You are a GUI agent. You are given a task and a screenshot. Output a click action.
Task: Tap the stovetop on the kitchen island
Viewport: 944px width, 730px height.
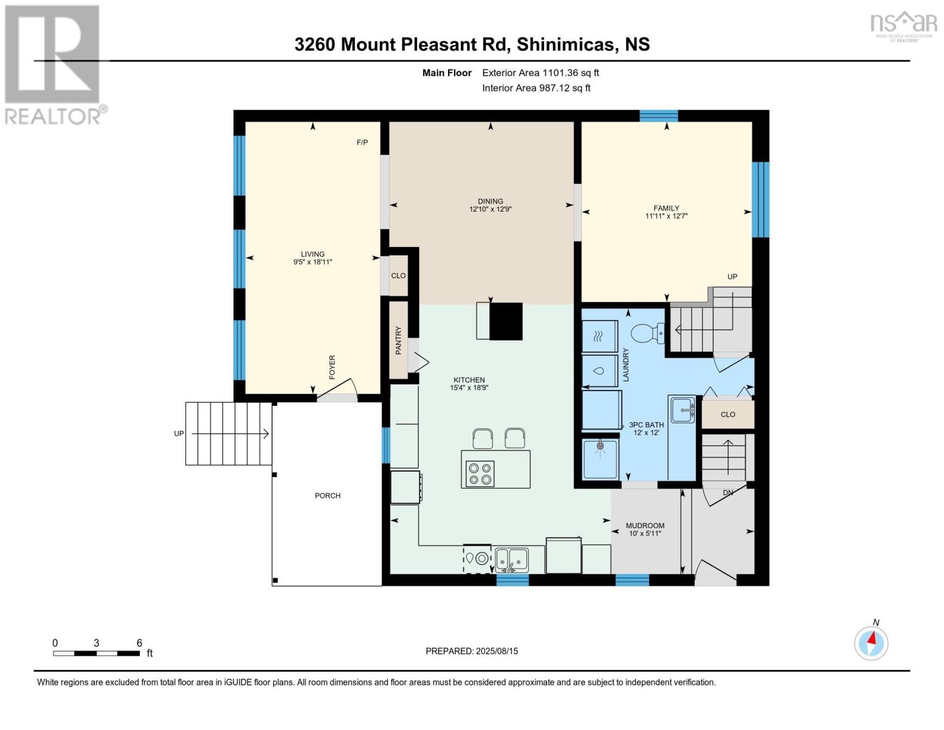coord(480,473)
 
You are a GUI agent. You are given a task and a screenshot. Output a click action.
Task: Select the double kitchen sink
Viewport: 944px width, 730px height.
coord(511,559)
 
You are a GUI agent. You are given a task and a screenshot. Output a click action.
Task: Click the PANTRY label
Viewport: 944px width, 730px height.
coord(399,340)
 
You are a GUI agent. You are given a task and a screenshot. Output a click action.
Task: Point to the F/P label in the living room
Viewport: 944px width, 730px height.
coord(362,142)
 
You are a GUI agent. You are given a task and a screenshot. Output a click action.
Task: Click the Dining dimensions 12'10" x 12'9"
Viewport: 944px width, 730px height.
coord(490,209)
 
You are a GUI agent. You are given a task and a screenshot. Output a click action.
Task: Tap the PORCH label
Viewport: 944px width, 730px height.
coord(328,496)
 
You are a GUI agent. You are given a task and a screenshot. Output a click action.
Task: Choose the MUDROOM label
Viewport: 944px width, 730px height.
coord(645,526)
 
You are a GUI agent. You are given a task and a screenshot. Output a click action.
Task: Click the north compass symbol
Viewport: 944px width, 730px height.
coord(871,642)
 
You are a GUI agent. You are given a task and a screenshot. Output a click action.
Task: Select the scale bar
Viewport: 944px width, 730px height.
coord(97,653)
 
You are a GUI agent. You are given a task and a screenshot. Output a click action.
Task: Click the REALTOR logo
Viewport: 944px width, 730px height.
coord(53,64)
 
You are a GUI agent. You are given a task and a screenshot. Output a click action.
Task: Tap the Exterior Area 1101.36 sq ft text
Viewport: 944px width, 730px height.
coord(540,73)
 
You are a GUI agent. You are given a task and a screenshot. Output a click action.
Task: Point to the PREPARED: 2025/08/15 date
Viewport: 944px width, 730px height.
coord(472,651)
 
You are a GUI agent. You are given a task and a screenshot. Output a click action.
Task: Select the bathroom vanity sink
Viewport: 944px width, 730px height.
coord(682,411)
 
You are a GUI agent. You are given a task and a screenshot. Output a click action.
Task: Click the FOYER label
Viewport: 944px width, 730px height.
coord(332,367)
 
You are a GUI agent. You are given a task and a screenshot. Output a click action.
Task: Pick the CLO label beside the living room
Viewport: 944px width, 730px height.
coord(398,276)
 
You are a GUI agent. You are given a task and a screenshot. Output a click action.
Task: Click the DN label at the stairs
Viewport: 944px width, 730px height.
coord(728,492)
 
